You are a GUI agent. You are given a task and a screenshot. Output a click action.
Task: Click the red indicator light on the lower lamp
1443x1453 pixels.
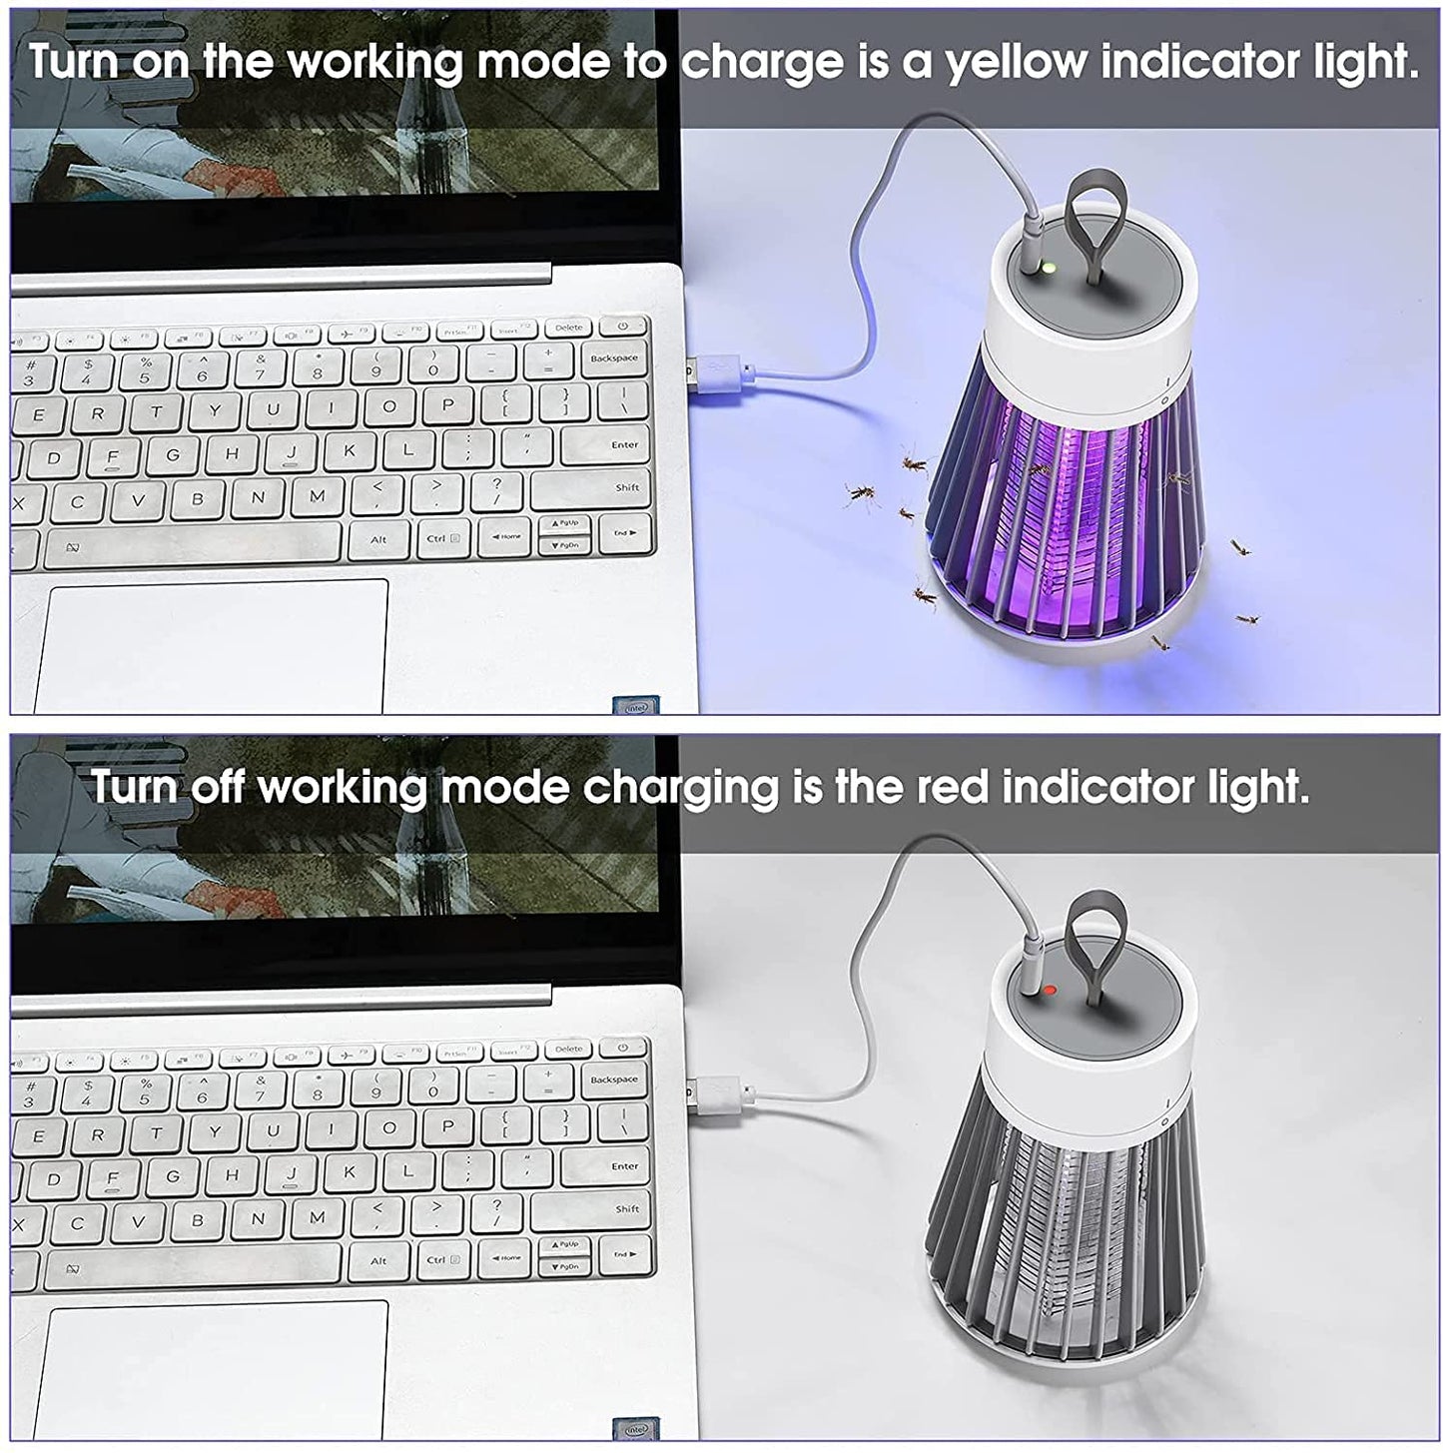1049,990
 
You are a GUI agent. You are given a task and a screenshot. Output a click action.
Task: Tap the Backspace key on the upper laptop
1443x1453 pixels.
614,360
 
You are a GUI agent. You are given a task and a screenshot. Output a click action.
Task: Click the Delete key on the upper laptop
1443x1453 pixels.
569,328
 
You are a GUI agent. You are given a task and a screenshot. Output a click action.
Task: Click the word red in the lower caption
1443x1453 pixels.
951,787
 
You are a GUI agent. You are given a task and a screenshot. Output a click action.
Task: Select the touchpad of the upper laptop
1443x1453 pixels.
213,646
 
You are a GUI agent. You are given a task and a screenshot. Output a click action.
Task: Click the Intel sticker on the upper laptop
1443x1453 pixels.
637,706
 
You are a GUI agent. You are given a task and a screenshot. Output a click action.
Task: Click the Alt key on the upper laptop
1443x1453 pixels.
379,539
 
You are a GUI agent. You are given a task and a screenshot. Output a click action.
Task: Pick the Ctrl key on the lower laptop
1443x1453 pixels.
442,1260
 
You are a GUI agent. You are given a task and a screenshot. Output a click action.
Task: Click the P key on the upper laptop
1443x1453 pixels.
447,404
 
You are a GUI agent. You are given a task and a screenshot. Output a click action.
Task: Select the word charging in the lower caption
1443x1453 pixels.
681,789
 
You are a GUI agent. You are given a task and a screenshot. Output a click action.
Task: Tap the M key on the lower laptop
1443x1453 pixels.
318,1217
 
